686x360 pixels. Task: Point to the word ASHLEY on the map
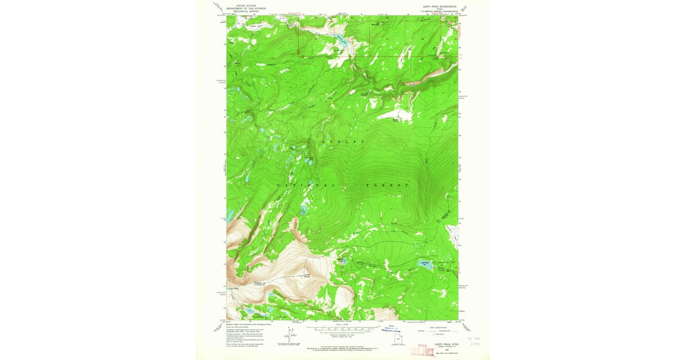(x=342, y=142)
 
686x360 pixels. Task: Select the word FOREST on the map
(x=387, y=186)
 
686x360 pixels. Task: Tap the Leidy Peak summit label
(x=306, y=276)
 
